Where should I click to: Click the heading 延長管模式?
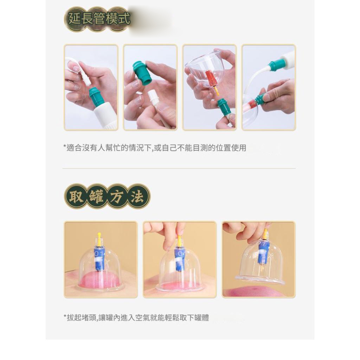point(99,18)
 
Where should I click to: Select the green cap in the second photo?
point(142,73)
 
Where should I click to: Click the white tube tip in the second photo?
point(152,97)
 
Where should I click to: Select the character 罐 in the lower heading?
point(96,197)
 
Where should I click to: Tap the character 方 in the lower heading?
point(117,197)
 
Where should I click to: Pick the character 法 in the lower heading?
point(137,197)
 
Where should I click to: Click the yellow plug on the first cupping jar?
point(99,238)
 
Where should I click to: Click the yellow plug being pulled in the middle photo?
point(179,240)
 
